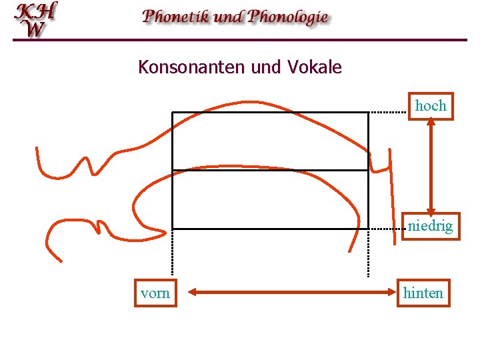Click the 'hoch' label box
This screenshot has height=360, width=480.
tap(431, 106)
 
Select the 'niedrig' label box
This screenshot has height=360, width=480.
tap(431, 226)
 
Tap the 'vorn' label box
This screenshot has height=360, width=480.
tap(155, 293)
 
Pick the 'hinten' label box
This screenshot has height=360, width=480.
tap(423, 293)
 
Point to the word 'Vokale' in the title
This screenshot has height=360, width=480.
tap(315, 67)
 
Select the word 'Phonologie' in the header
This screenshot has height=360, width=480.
tap(288, 17)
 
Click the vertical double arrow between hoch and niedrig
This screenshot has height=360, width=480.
tap(431, 166)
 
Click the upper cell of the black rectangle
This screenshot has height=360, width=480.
tap(270, 141)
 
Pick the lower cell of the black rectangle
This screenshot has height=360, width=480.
tap(270, 199)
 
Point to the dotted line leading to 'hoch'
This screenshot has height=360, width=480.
tap(388, 112)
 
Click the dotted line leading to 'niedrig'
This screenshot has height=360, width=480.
tap(388, 229)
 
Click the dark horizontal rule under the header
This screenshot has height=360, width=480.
tap(240, 40)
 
